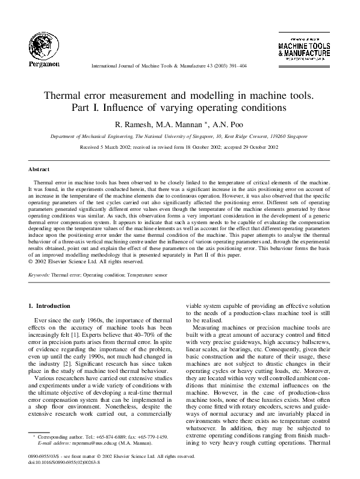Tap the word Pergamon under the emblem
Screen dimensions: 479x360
click(x=41, y=63)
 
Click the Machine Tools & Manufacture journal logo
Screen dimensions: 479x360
click(x=304, y=49)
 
